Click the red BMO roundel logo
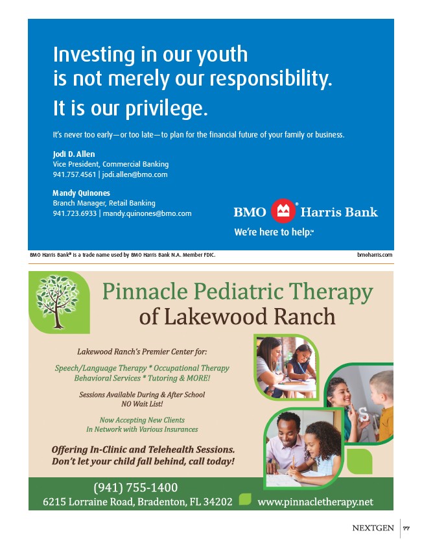pos(283,211)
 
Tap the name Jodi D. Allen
pos(74,154)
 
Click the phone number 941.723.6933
pos(74,213)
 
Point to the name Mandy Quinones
pos(81,193)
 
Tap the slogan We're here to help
pos(273,232)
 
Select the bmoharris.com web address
pos(375,255)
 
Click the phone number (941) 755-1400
pos(135,488)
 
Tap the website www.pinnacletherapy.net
pos(316,502)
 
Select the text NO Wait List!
pos(142,403)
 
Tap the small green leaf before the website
pos(245,499)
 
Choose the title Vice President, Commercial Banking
pos(110,165)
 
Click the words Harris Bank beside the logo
pos(339,212)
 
